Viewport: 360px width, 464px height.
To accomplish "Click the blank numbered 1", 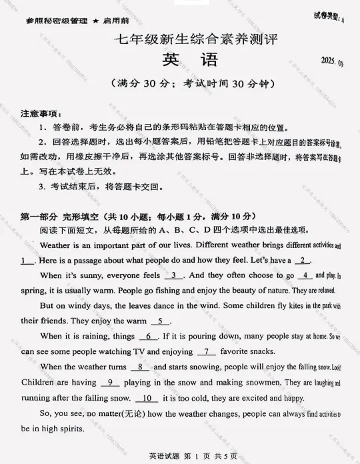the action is pos(27,261).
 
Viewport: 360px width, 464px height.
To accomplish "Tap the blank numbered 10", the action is pos(146,398).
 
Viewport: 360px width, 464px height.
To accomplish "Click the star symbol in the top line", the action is pos(96,21).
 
